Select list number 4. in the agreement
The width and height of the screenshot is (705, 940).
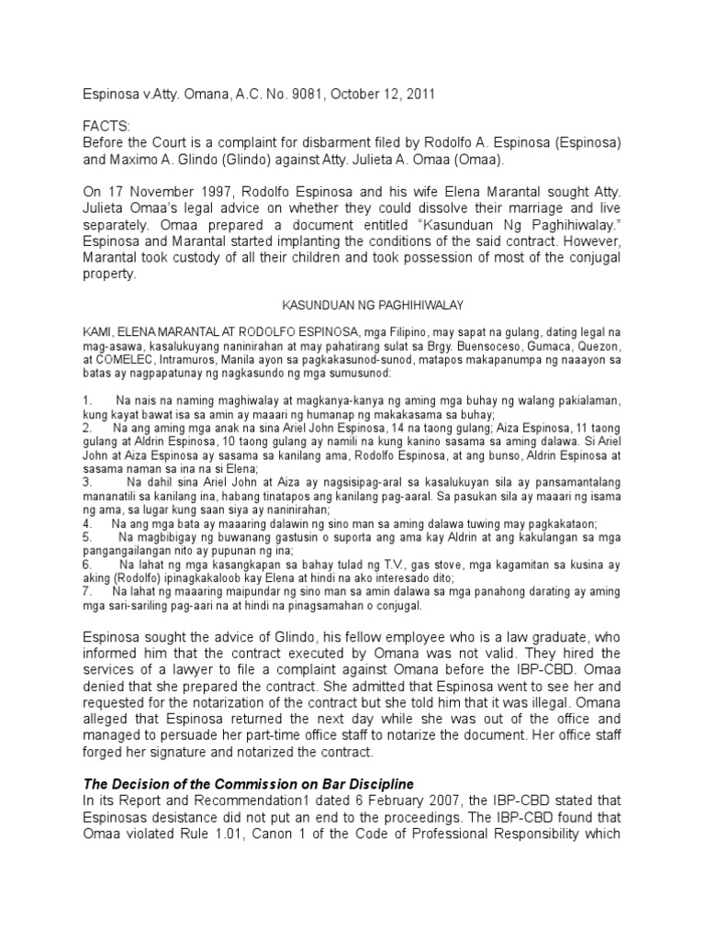87,522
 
